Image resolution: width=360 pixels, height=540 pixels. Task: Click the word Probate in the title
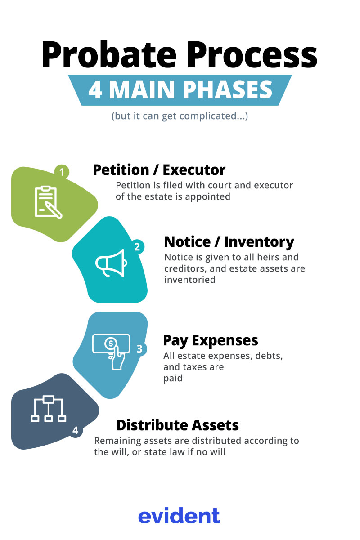109,55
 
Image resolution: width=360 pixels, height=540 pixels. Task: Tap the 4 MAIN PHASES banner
180,90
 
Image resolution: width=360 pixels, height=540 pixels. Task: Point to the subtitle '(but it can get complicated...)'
180,116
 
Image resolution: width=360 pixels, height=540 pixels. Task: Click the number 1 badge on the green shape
62,172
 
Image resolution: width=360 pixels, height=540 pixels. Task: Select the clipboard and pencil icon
48,202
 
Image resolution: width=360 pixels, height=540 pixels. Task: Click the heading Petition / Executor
159,170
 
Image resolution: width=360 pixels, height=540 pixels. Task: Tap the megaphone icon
111,263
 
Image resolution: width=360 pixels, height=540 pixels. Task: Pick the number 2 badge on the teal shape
137,246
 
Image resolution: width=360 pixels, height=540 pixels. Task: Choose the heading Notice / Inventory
229,242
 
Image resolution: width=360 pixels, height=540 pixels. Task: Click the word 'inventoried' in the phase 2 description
190,280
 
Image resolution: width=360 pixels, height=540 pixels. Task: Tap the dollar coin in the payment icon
111,343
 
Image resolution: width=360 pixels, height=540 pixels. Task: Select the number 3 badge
139,348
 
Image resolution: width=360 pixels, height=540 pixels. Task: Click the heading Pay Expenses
211,340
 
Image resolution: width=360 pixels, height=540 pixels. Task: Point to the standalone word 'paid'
173,378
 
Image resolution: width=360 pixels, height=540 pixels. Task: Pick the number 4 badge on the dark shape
76,430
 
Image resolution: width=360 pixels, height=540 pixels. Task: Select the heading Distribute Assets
178,425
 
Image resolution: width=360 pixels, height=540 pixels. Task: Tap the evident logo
179,515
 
